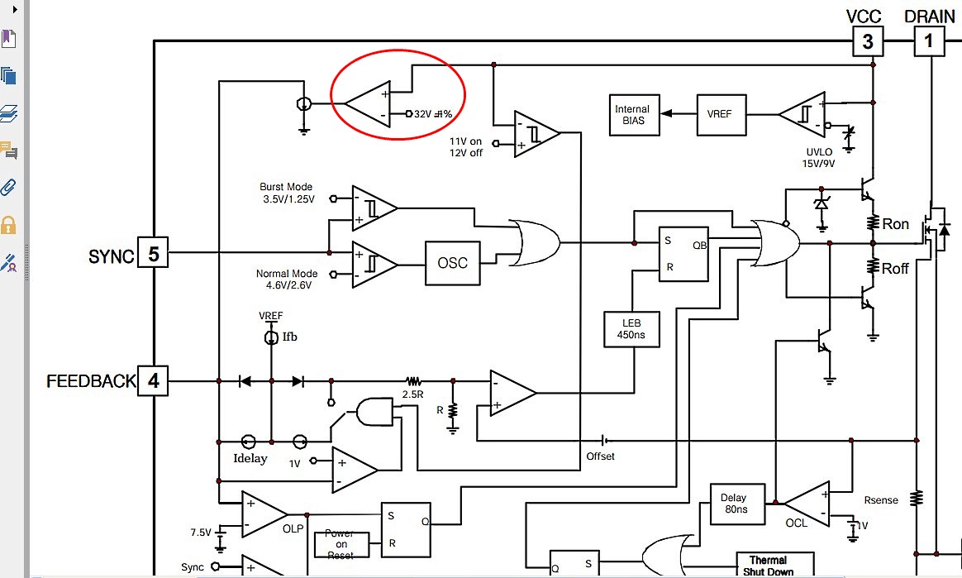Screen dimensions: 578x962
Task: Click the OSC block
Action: coord(452,263)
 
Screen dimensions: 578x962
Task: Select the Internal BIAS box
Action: coord(632,114)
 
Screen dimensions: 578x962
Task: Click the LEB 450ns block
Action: coord(632,329)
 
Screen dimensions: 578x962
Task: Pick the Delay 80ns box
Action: coord(733,504)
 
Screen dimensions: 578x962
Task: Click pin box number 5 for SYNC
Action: coord(153,253)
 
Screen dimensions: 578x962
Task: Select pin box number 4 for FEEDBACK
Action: coord(153,381)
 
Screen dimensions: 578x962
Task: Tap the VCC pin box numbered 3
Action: coord(867,41)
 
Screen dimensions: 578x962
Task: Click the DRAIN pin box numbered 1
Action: coord(928,41)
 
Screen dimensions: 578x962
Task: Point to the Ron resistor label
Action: coord(896,224)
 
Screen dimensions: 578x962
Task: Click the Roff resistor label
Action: coord(896,268)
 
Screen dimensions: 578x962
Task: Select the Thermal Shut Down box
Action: coord(768,566)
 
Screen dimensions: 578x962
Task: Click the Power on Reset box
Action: coord(339,544)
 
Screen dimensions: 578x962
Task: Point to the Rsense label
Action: coord(881,500)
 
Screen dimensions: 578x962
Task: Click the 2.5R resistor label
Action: coord(412,394)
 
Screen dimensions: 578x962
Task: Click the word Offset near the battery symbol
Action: coord(601,456)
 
